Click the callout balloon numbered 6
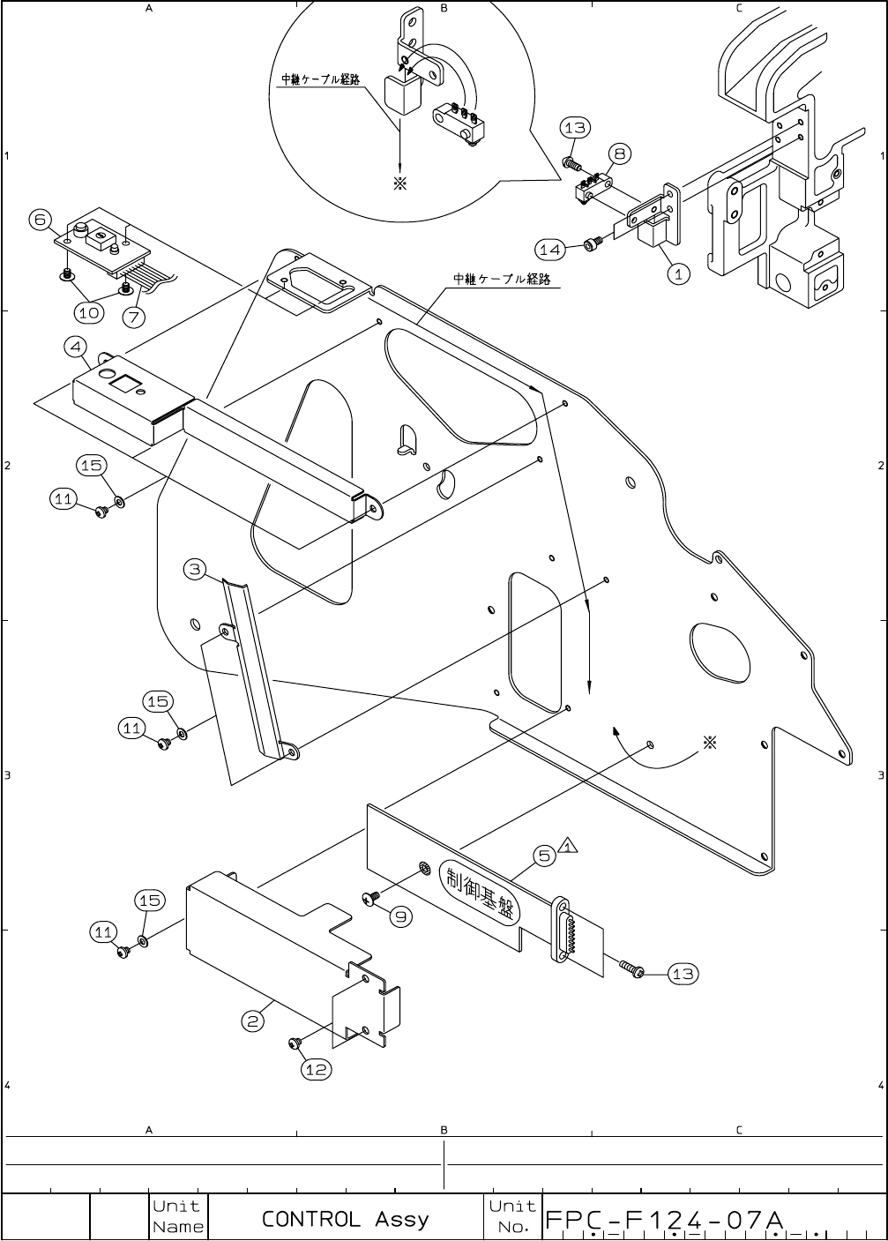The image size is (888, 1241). pos(40,220)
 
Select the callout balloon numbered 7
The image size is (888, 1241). pos(135,315)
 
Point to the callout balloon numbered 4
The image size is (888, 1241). pos(77,346)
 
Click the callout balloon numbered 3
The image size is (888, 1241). pos(196,569)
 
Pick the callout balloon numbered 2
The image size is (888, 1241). pos(253,1020)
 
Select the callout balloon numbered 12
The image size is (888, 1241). pos(316,1069)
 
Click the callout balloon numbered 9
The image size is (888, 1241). pos(400,916)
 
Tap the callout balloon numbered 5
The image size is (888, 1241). pos(545,855)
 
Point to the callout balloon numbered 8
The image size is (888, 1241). pos(619,153)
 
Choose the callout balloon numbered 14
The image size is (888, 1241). pos(550,250)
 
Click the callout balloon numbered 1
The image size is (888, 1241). pos(677,273)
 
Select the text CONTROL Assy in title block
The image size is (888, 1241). pos(345,1219)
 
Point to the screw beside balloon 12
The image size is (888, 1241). pos(295,1044)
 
